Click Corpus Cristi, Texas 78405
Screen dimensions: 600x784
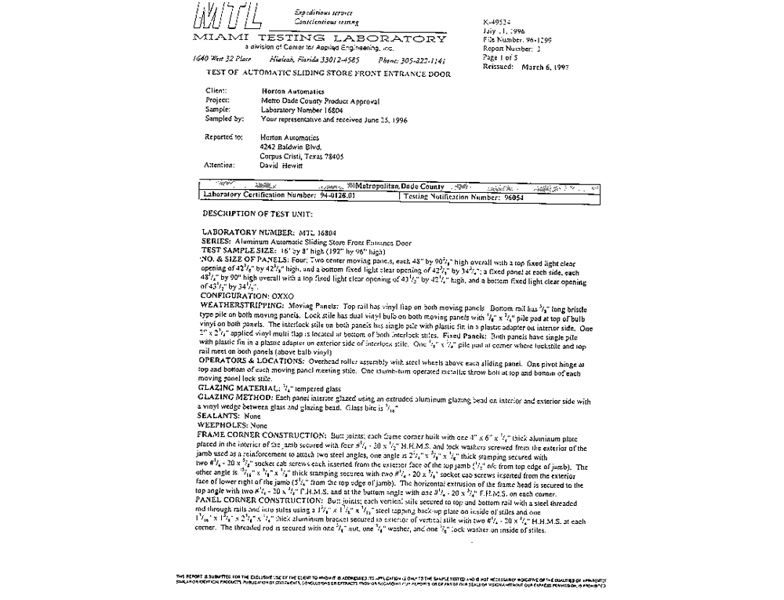click(x=302, y=156)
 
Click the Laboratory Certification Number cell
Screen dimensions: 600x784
click(x=278, y=196)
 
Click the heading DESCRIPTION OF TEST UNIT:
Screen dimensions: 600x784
click(x=258, y=213)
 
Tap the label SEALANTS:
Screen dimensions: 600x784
click(x=221, y=416)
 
